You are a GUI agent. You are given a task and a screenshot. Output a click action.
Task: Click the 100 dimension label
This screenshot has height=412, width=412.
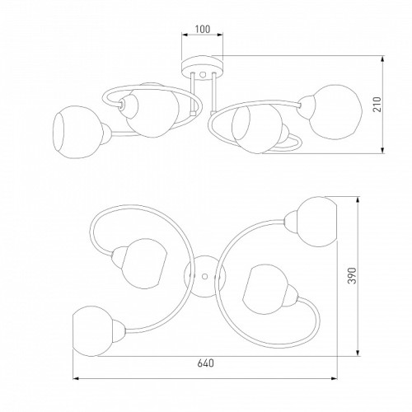pos(203,29)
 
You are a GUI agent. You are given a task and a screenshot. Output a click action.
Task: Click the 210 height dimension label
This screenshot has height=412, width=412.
pos(377,105)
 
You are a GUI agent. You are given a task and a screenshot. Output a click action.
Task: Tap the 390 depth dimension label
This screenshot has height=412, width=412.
pos(352,275)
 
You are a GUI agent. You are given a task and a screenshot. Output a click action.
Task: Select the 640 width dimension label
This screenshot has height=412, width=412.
pos(205,363)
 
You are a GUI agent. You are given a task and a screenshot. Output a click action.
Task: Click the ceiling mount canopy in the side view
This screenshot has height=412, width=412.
pos(202,68)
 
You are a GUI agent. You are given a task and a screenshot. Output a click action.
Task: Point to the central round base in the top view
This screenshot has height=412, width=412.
pos(204,276)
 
